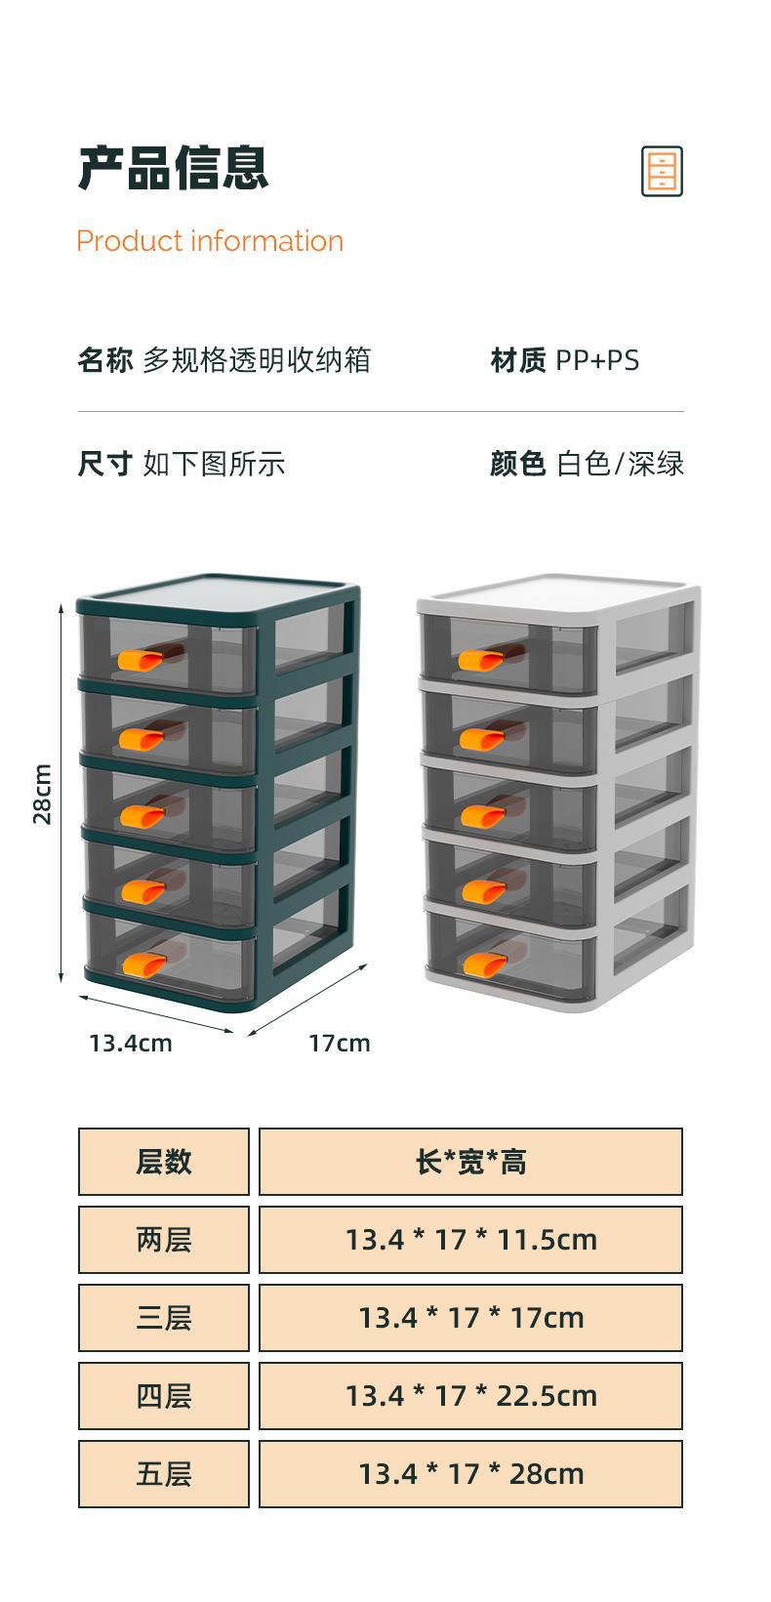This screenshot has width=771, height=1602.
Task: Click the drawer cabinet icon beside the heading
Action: pyautogui.click(x=662, y=171)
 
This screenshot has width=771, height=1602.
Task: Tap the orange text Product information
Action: pyautogui.click(x=210, y=241)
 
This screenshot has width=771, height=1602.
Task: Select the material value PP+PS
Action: pyautogui.click(x=597, y=360)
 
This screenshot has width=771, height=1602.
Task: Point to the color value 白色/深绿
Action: pyautogui.click(x=620, y=464)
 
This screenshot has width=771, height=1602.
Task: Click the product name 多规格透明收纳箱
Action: pyautogui.click(x=257, y=359)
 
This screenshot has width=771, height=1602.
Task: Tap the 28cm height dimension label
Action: pyautogui.click(x=43, y=794)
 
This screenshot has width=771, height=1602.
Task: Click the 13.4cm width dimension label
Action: pyautogui.click(x=130, y=1044)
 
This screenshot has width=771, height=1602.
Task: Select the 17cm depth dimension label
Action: pyautogui.click(x=339, y=1044)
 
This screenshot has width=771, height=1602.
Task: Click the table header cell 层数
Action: pyautogui.click(x=164, y=1162)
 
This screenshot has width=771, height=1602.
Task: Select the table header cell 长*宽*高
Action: pyautogui.click(x=470, y=1162)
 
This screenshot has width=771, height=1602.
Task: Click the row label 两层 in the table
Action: pyautogui.click(x=164, y=1240)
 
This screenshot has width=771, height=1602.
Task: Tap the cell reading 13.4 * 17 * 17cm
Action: pyautogui.click(x=470, y=1317)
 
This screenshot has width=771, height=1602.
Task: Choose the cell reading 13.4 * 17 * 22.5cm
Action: pyautogui.click(x=470, y=1395)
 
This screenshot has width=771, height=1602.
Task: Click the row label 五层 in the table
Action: pyautogui.click(x=164, y=1474)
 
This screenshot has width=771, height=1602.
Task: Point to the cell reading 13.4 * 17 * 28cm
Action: pyautogui.click(x=470, y=1474)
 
